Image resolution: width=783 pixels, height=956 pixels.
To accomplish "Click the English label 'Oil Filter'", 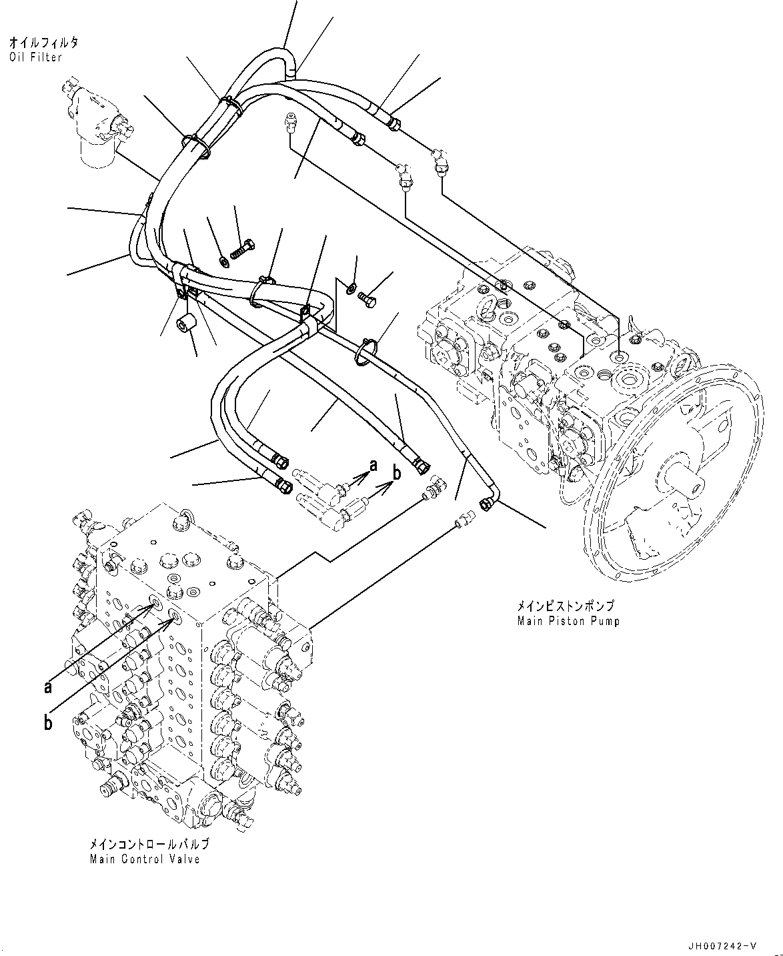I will (36, 57).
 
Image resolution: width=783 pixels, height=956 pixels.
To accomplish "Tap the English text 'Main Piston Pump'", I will (568, 621).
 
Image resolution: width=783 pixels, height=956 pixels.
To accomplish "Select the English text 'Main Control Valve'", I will (145, 859).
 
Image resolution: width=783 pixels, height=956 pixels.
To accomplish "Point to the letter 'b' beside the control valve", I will (49, 722).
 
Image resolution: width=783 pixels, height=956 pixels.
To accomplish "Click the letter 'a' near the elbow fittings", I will (373, 463).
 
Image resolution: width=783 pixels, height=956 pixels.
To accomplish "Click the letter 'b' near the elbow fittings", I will (396, 474).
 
